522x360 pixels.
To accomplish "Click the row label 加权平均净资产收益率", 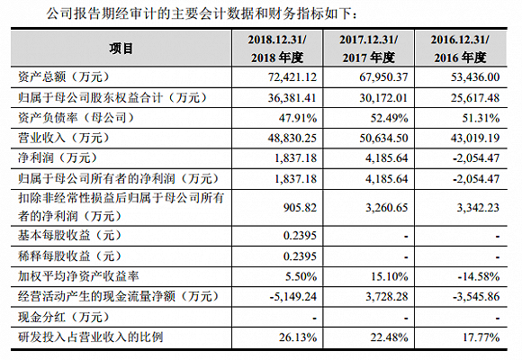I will [x=79, y=275].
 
